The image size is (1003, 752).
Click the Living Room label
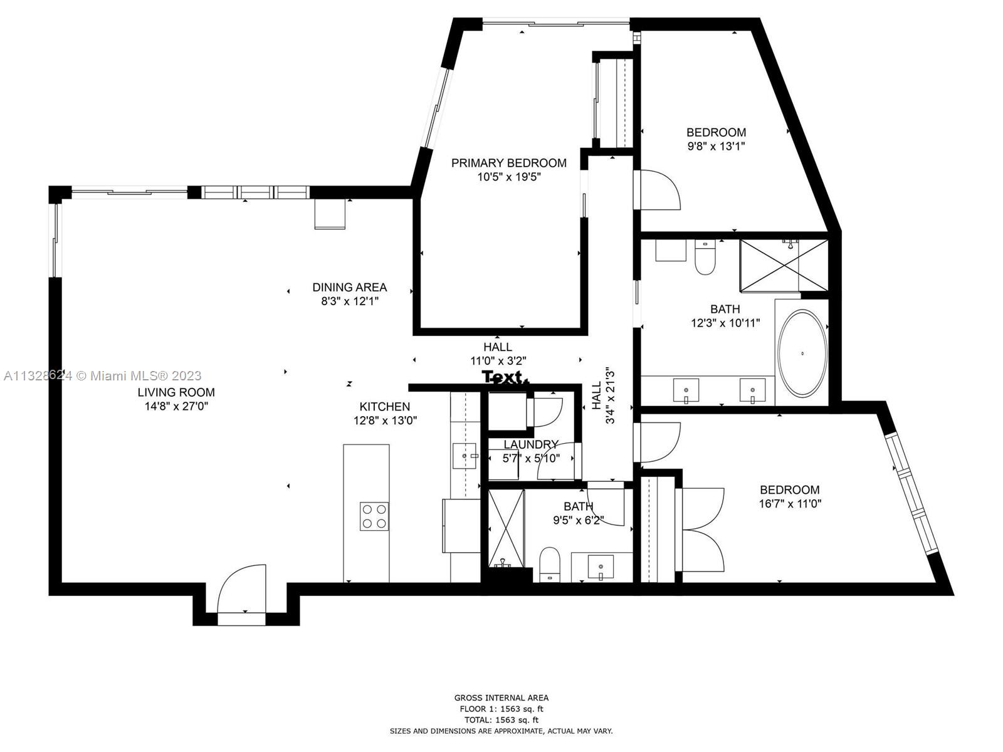(176, 392)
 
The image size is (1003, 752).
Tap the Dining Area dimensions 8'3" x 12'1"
(350, 301)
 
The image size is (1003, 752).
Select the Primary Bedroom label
(508, 163)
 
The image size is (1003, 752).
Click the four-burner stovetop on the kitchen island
(374, 516)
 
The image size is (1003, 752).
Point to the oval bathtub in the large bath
(802, 353)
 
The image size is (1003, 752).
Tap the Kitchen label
(384, 406)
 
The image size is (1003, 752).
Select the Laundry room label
(531, 444)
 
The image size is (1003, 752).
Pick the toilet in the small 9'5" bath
(550, 565)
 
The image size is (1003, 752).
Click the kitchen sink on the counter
(465, 456)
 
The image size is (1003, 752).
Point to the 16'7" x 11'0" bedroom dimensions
(790, 504)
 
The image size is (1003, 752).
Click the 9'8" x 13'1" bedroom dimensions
(717, 146)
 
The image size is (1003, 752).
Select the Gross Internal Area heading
(501, 697)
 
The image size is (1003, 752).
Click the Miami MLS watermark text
(102, 376)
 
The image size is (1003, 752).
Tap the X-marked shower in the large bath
(783, 265)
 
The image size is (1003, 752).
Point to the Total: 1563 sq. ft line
(501, 720)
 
